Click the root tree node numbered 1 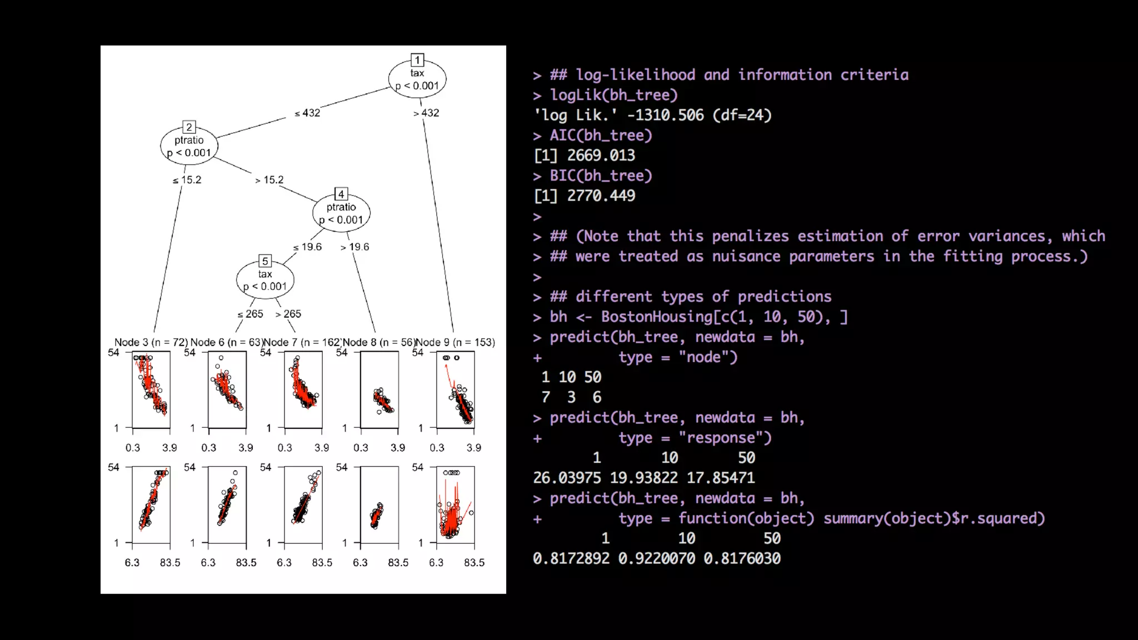pos(417,79)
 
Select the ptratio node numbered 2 pos(189,146)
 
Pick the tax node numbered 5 pos(265,280)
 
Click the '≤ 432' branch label pos(307,113)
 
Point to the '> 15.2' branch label pos(269,180)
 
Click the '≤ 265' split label pos(250,314)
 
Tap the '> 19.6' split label pos(355,247)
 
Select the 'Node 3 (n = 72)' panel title pos(151,342)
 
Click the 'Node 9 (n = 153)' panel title pos(456,342)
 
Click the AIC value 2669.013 pos(601,156)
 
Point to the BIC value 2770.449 pos(601,196)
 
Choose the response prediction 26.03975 pos(567,478)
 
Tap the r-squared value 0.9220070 pos(656,558)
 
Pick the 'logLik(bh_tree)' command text pos(613,95)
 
